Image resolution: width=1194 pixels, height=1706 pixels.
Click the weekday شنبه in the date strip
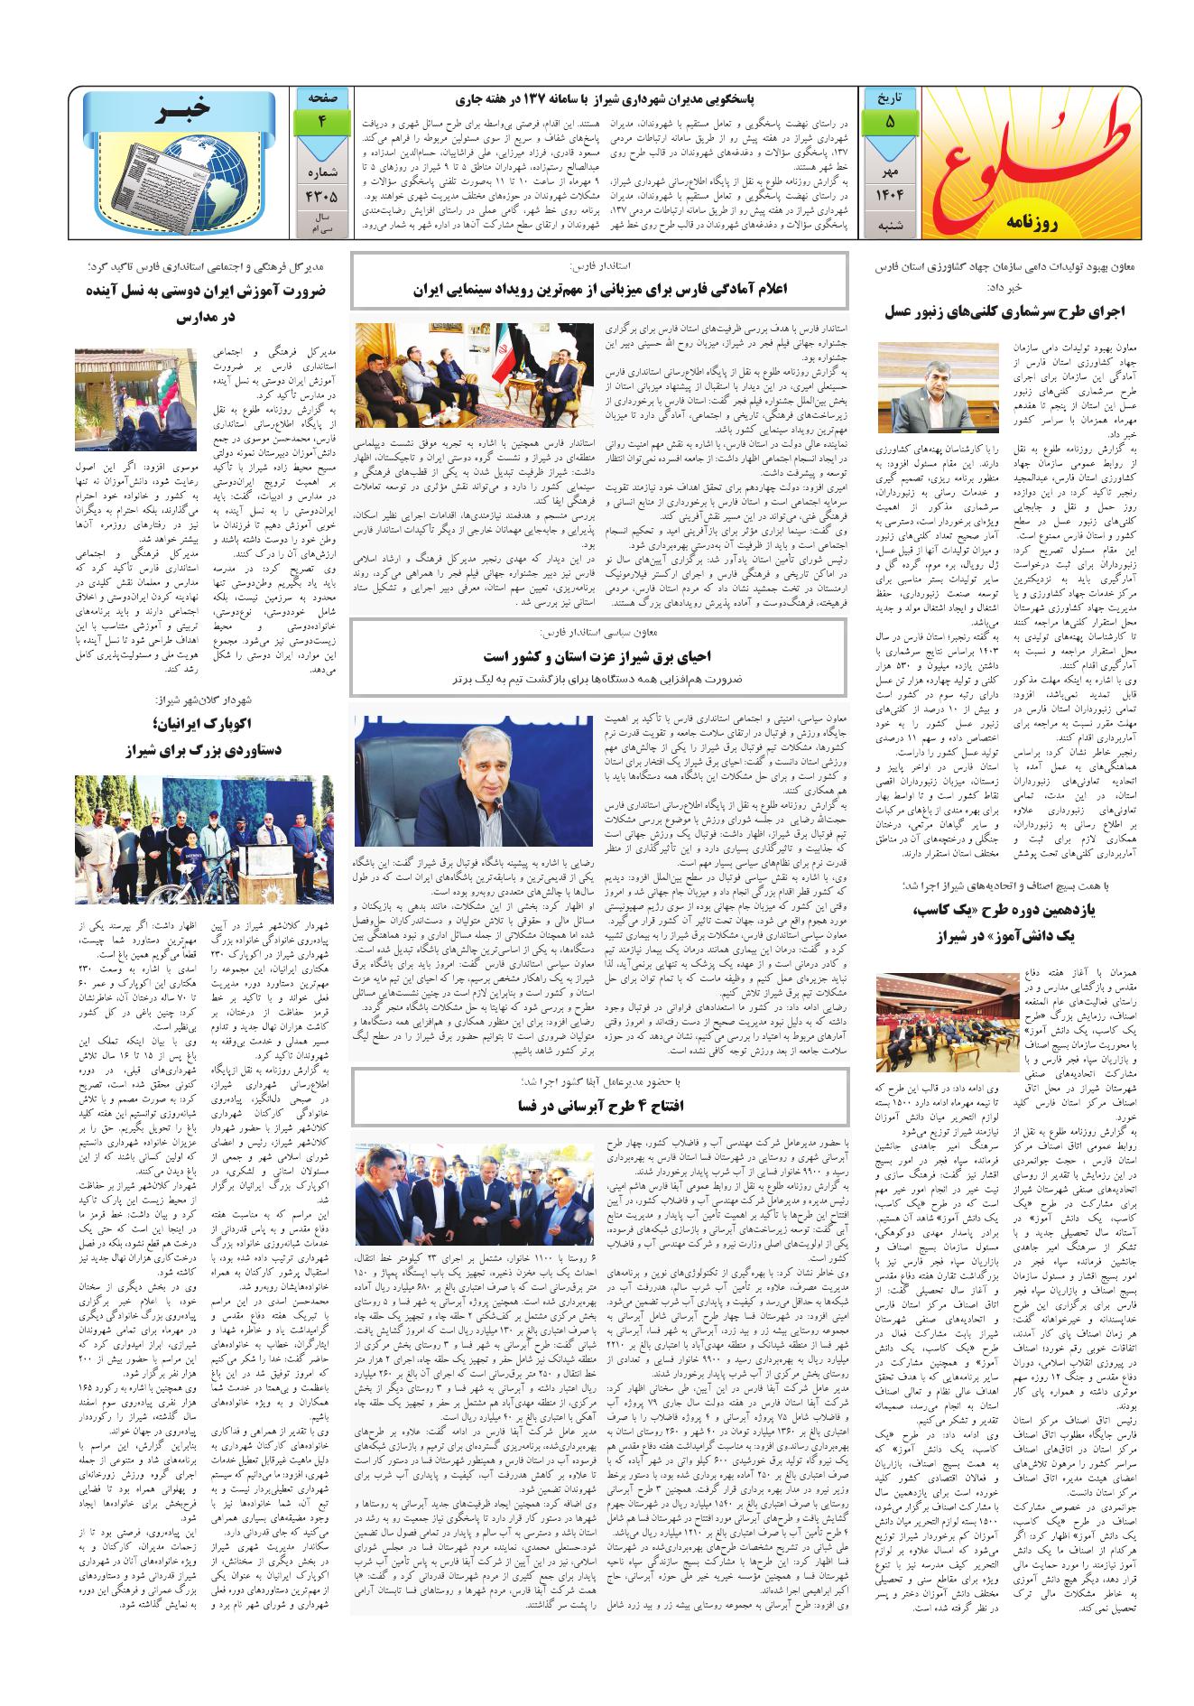[x=890, y=225]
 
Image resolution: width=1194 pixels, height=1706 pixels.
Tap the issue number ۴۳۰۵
[x=321, y=192]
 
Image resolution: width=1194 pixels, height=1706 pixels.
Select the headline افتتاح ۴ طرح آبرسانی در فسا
[x=599, y=1105]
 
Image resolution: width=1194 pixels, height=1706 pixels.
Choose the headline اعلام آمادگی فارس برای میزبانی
[x=599, y=290]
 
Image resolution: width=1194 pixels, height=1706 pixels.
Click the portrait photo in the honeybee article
[x=924, y=387]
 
